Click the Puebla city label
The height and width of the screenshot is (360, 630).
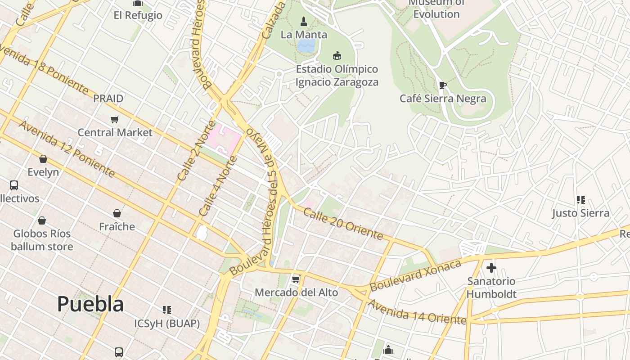coord(90,305)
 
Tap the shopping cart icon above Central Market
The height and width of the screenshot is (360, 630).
coord(115,119)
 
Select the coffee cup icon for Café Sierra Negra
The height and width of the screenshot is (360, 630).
coord(443,85)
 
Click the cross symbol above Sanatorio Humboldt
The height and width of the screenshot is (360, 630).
coord(491,268)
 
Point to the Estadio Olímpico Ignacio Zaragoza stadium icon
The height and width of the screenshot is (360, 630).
coord(337,55)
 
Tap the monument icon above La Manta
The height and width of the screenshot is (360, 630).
coord(304,21)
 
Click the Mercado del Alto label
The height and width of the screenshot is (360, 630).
coord(296,292)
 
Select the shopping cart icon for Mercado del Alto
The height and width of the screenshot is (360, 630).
coord(296,279)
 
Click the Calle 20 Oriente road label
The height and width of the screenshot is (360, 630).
coord(343,223)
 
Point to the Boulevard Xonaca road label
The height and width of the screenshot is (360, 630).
coord(415,275)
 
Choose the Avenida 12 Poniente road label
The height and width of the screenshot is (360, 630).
coord(66,148)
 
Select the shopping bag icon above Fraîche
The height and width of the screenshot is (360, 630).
coord(117,213)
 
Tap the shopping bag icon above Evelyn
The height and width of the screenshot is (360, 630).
coord(43,159)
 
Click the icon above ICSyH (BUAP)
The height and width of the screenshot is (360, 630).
coord(167,310)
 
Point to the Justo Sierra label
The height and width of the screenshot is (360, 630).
coord(580,213)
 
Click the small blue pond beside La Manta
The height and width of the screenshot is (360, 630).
coord(306,45)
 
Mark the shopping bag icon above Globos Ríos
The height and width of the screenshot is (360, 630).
coord(42,220)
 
